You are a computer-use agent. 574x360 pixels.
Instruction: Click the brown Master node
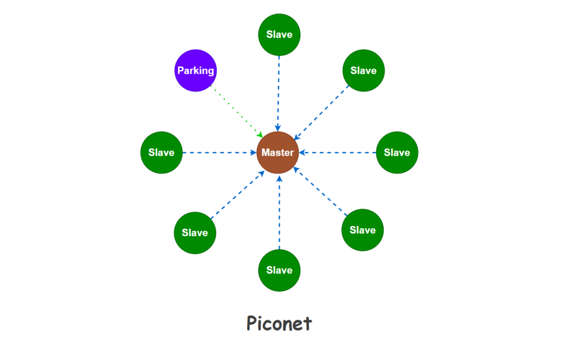pyautogui.click(x=278, y=153)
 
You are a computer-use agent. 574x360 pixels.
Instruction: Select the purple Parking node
pyautogui.click(x=196, y=70)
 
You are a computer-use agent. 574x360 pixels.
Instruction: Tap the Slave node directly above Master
pyautogui.click(x=279, y=35)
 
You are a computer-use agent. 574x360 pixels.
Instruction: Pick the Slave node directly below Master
pyautogui.click(x=279, y=270)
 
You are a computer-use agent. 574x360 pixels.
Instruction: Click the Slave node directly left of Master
pyautogui.click(x=162, y=153)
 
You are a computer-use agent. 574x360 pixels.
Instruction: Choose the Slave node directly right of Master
pyautogui.click(x=397, y=153)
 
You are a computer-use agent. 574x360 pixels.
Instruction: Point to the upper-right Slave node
pyautogui.click(x=364, y=70)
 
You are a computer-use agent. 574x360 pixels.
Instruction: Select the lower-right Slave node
pyautogui.click(x=362, y=230)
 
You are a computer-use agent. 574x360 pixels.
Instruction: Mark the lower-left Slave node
pyautogui.click(x=195, y=232)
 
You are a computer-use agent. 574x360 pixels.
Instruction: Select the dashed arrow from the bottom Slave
pyautogui.click(x=279, y=213)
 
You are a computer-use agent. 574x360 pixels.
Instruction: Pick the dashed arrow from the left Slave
pyautogui.click(x=219, y=153)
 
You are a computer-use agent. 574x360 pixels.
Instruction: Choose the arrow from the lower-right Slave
pyautogui.click(x=321, y=191)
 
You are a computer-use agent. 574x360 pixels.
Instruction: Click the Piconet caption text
pyautogui.click(x=279, y=323)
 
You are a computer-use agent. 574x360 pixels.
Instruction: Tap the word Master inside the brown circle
pyautogui.click(x=278, y=153)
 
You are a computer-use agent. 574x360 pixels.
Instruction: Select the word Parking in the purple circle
pyautogui.click(x=196, y=70)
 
